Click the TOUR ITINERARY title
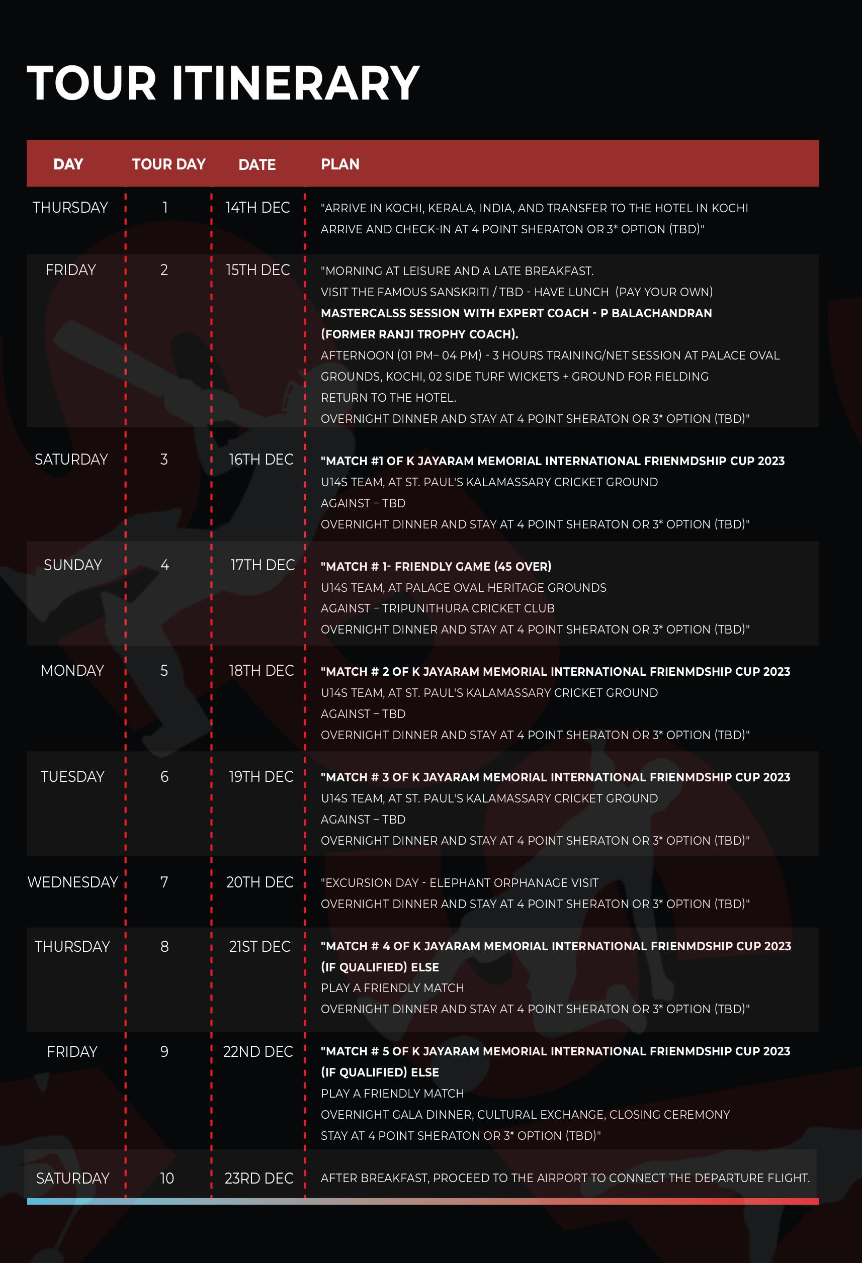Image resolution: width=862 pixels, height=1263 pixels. coord(223,83)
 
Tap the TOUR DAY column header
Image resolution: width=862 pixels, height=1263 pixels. coord(168,164)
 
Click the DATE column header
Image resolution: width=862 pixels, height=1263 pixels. coord(256,165)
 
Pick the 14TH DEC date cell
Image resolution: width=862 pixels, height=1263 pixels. coord(257,208)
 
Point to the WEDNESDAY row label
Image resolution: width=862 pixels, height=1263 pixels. coord(72,882)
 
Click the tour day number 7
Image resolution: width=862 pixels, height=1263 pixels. coord(164,882)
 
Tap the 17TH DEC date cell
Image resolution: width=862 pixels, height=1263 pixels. coord(262,565)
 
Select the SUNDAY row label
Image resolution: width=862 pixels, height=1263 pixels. coord(72,565)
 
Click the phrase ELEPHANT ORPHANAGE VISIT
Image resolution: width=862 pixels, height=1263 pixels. coord(513,882)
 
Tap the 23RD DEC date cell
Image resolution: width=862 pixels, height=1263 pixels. coord(258,1178)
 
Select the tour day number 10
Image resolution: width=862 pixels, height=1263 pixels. coord(167,1178)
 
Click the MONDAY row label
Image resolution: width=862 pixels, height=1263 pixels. coord(72,671)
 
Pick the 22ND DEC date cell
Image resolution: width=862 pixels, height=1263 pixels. coord(257,1052)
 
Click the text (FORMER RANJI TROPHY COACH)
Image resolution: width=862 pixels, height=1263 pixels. coord(419,334)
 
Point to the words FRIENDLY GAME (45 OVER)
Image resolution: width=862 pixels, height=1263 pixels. coord(473,566)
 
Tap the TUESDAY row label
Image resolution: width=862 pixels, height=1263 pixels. coord(72,777)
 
